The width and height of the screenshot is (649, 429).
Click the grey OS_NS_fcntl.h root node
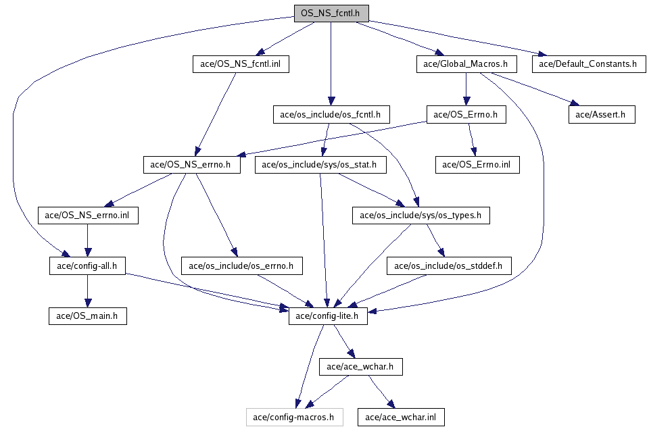click(x=331, y=14)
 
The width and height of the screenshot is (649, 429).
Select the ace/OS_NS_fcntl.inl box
click(x=241, y=64)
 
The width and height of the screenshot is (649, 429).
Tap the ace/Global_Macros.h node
click(x=466, y=64)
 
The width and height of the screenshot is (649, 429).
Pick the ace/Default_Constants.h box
click(x=589, y=64)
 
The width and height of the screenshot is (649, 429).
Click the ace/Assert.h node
click(x=602, y=115)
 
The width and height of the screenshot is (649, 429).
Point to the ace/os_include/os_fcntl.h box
click(x=331, y=115)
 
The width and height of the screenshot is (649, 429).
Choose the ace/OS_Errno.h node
click(x=466, y=115)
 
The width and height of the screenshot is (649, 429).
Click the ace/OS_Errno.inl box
click(x=477, y=165)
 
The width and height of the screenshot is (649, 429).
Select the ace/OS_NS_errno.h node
click(x=191, y=165)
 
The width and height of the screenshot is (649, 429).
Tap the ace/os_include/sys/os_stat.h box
click(x=320, y=165)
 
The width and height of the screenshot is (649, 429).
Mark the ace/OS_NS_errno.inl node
click(x=88, y=216)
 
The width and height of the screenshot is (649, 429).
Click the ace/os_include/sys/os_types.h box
click(x=421, y=216)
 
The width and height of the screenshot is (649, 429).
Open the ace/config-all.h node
click(x=87, y=266)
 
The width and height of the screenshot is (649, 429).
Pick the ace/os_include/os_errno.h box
click(x=242, y=266)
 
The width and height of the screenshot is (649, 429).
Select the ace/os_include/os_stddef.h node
click(x=449, y=266)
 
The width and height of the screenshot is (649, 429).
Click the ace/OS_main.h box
click(x=88, y=316)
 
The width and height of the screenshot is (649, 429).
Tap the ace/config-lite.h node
click(x=328, y=316)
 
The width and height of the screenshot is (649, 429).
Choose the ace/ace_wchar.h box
click(x=360, y=367)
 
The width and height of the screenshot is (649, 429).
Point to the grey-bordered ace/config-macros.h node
click(x=294, y=417)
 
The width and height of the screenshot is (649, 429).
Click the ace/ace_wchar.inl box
click(x=401, y=417)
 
